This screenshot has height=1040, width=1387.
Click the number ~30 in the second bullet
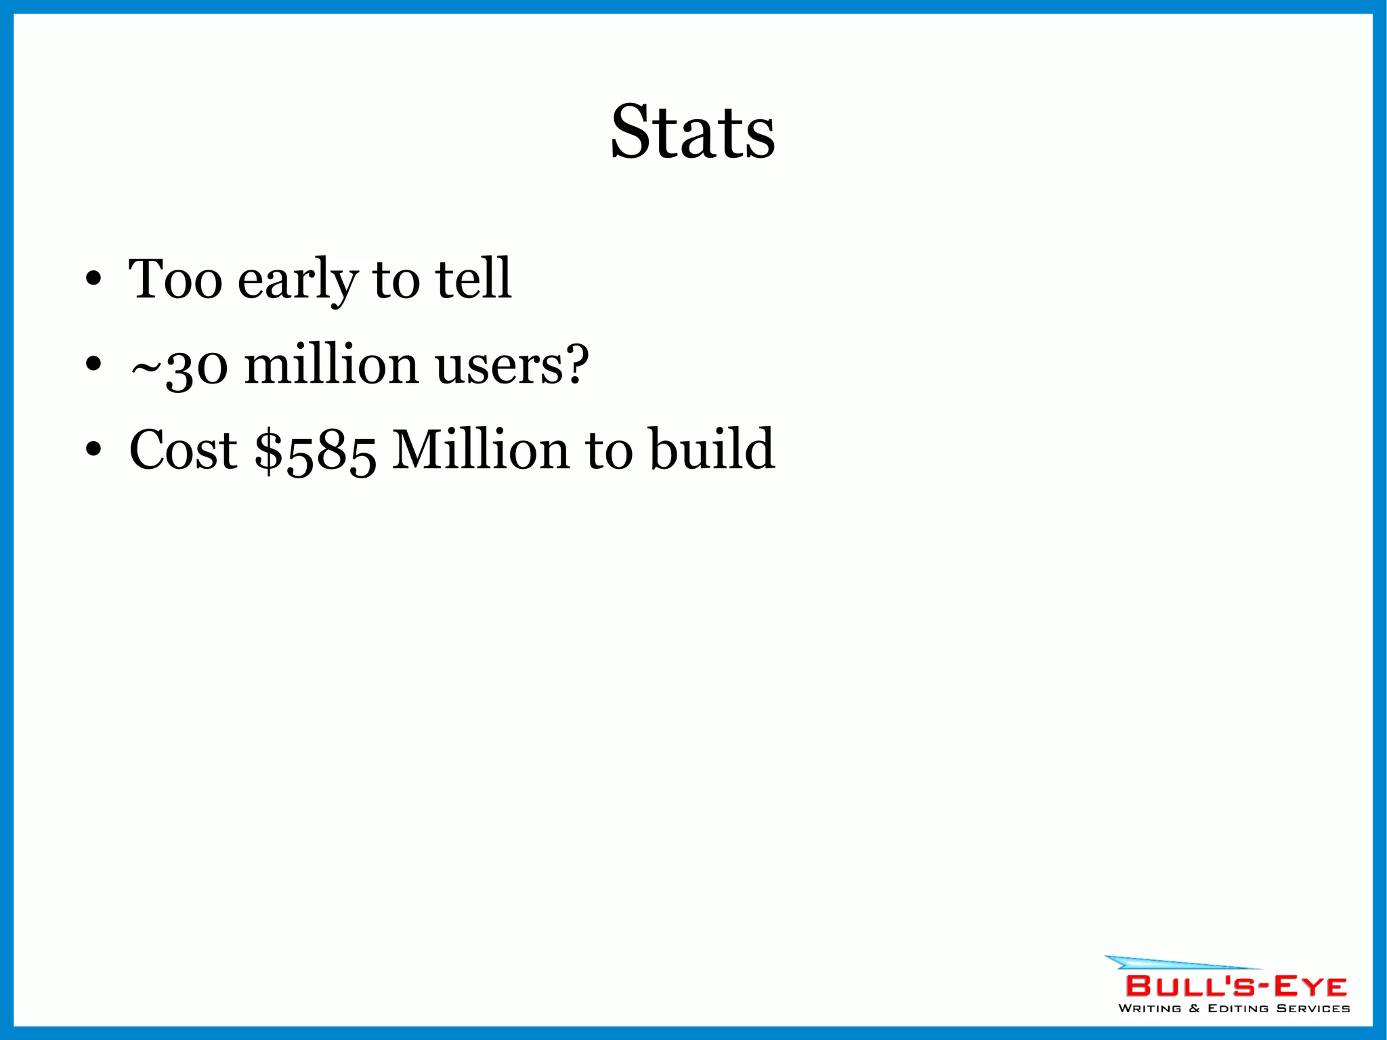tap(179, 366)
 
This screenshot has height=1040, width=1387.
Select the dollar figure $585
tap(316, 451)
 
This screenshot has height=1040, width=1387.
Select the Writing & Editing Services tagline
tap(1234, 1009)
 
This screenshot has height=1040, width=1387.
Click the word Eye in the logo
tap(1310, 986)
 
